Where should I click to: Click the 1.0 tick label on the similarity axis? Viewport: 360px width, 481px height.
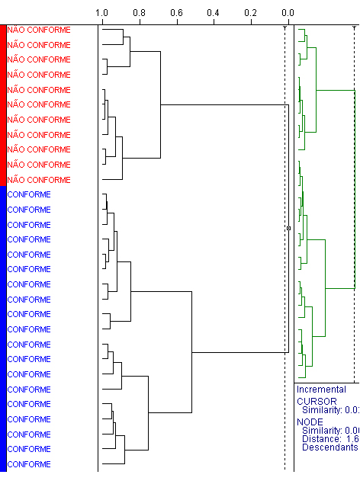[101, 13]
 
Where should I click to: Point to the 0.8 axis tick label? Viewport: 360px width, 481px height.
[139, 13]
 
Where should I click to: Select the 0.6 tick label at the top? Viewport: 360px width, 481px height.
[176, 13]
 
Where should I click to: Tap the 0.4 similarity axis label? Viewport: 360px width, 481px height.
[213, 13]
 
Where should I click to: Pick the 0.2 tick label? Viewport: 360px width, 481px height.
[250, 13]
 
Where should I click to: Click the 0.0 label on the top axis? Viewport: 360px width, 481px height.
[288, 13]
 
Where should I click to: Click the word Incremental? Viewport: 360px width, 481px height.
[321, 390]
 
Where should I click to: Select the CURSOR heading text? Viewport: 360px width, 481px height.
[317, 401]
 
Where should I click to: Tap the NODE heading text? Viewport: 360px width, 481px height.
[310, 422]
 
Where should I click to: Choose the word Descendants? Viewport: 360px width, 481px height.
[330, 447]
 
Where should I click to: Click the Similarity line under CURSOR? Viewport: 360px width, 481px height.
[330, 410]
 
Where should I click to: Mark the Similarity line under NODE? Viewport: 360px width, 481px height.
[330, 431]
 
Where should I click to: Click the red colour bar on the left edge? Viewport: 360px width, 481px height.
[3, 105]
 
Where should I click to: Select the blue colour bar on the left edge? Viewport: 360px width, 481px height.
[3, 329]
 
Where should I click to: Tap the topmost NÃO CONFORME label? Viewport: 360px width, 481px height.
[39, 30]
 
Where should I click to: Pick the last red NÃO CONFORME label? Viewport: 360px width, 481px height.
[39, 180]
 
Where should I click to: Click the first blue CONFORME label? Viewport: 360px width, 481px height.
[29, 194]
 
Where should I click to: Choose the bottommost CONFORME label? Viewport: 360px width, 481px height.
[29, 464]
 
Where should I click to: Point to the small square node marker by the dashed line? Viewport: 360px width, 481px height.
[288, 228]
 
